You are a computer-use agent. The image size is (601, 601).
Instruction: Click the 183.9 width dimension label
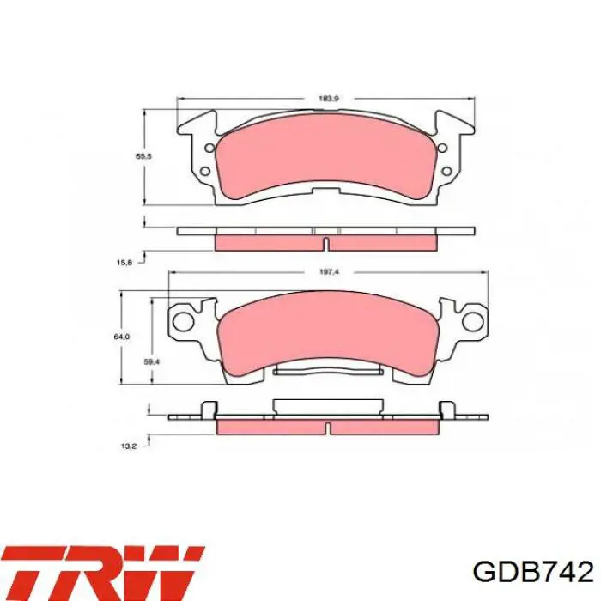(x=329, y=99)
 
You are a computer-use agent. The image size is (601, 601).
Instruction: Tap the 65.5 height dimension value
(x=143, y=156)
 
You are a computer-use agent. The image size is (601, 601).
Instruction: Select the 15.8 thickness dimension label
(x=124, y=263)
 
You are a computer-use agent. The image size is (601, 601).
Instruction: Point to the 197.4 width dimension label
(x=329, y=272)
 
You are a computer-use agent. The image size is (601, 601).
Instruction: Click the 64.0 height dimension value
(x=122, y=337)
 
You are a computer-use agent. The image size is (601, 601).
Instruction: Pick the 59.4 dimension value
(x=151, y=361)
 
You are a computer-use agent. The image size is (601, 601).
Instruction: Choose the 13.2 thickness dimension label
(x=129, y=446)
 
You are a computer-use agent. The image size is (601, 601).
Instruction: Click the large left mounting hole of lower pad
(x=182, y=321)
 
